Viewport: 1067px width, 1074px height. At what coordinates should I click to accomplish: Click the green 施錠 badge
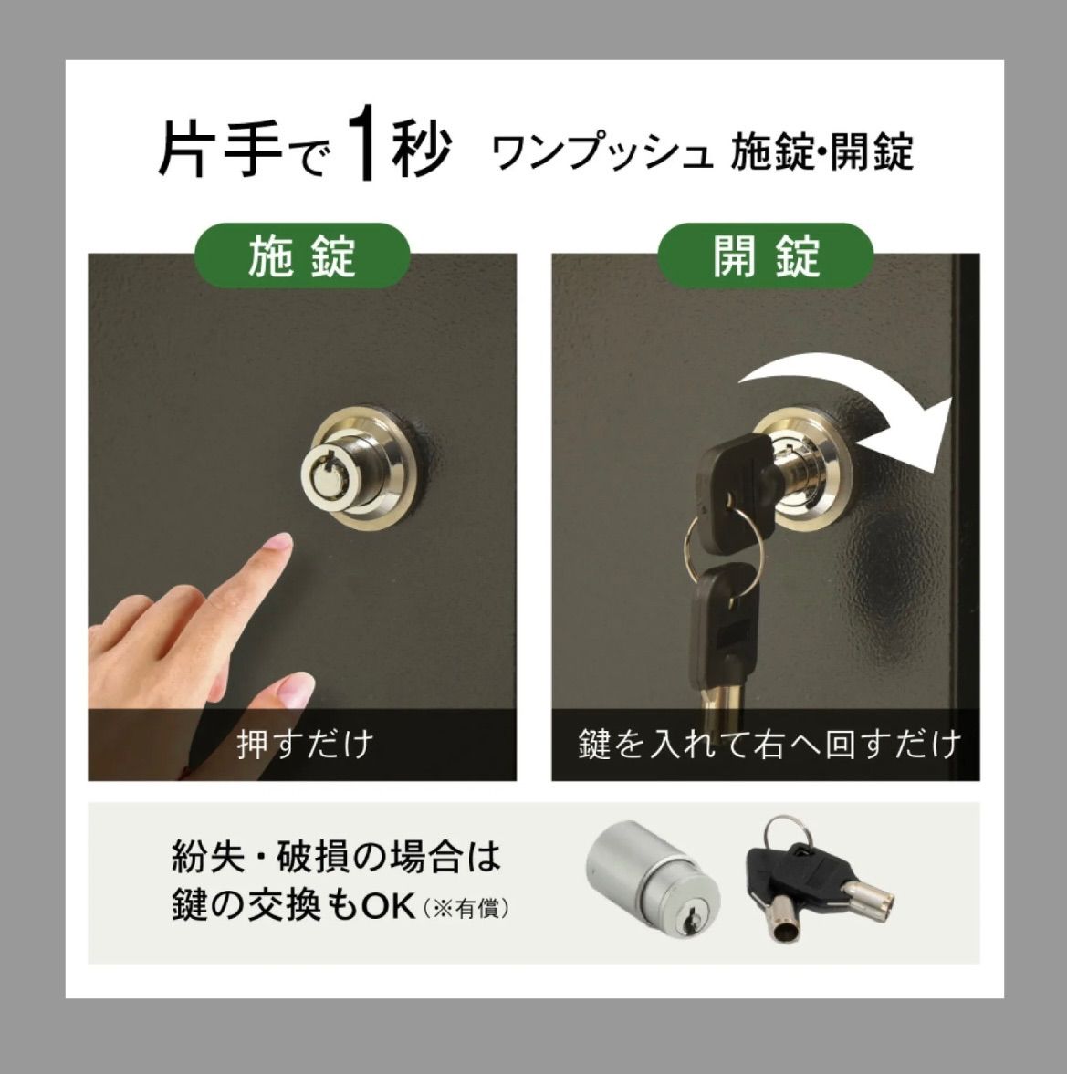click(x=302, y=255)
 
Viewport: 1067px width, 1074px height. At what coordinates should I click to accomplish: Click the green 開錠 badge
click(x=766, y=255)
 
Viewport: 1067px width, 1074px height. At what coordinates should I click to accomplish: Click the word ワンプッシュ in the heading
click(x=601, y=152)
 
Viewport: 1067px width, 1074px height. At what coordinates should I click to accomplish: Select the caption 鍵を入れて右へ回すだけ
click(x=769, y=744)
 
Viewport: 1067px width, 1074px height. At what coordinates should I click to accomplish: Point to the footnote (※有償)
click(x=466, y=909)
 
